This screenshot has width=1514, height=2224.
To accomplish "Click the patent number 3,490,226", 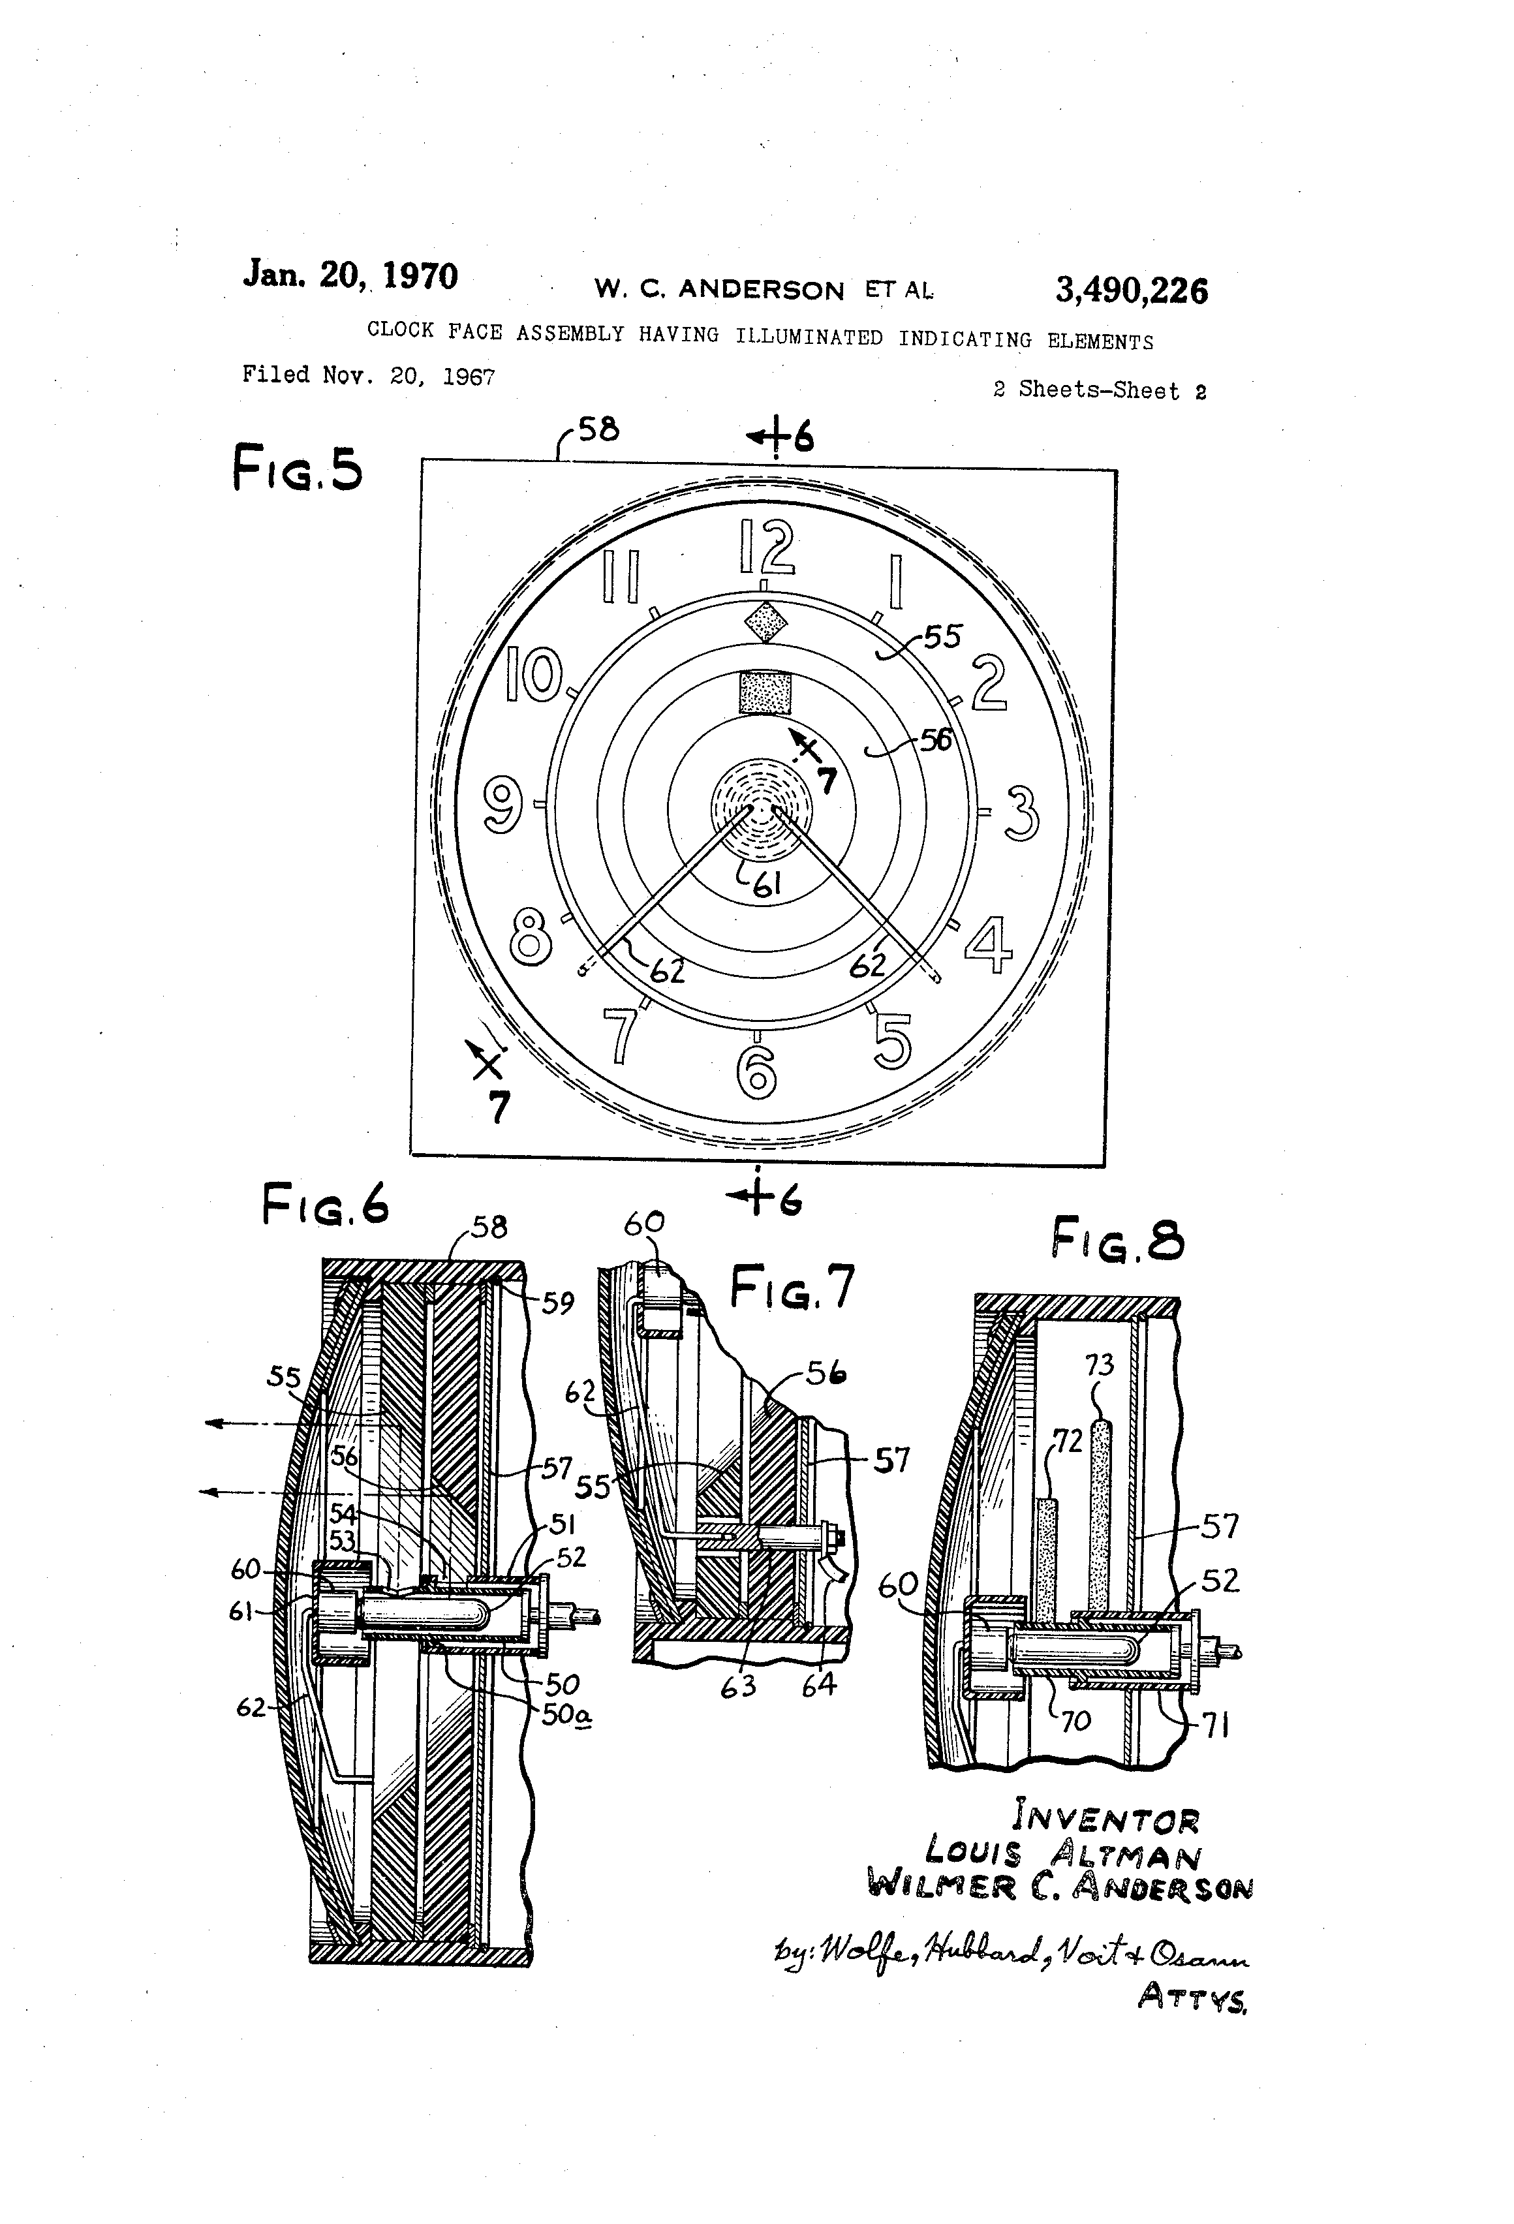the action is (1131, 290).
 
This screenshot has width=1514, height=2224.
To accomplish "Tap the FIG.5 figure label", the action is (298, 470).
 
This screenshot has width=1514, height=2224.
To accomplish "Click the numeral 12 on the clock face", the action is (767, 548).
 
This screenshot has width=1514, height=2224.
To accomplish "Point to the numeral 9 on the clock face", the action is (503, 804).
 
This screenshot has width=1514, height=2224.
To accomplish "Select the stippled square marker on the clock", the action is (765, 692).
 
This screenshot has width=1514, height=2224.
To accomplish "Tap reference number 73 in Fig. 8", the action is (1099, 1364).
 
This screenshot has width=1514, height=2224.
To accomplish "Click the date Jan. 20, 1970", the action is (350, 275).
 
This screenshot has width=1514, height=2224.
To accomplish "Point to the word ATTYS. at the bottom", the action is (1192, 1998).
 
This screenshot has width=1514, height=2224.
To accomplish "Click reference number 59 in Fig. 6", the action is (558, 1303).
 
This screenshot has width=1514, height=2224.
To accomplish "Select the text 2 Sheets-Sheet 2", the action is (1100, 390).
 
